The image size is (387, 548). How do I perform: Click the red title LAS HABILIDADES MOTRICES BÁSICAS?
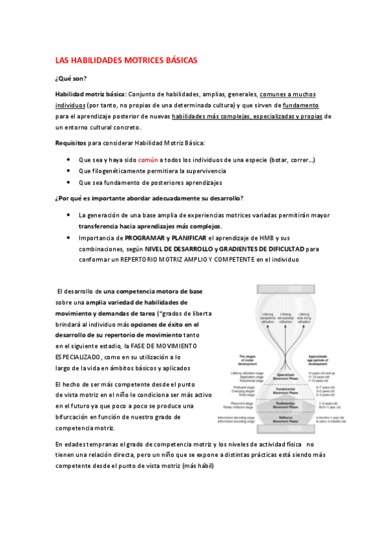(126, 60)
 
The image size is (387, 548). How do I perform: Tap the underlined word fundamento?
(300, 105)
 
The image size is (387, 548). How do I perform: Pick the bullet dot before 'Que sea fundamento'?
(69, 182)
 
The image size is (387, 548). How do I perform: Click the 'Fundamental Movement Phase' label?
(286, 391)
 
